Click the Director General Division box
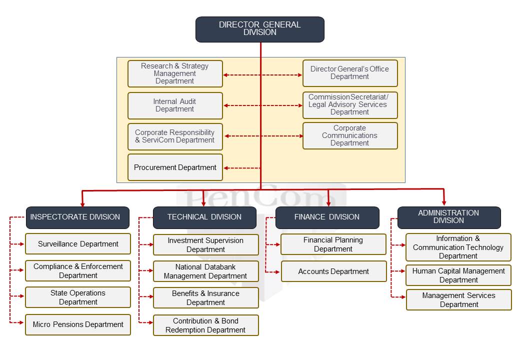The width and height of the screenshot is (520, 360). tap(259, 29)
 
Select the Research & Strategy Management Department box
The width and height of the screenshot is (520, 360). tap(175, 73)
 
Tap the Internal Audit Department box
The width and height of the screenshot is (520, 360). tap(175, 105)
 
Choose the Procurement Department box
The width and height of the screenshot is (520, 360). tap(175, 167)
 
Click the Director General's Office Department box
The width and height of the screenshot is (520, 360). tap(350, 73)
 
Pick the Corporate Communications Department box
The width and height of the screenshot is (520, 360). tap(350, 135)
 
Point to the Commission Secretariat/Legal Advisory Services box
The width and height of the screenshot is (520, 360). tap(350, 105)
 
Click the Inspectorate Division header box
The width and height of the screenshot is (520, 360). tap(77, 217)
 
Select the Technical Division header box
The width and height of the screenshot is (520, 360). tap(204, 217)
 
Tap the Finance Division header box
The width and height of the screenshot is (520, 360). tap(327, 217)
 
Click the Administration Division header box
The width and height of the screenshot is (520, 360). tap(449, 217)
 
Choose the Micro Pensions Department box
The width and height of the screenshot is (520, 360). tap(78, 324)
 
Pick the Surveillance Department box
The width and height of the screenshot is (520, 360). tap(78, 244)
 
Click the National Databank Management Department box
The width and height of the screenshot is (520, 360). tap(205, 271)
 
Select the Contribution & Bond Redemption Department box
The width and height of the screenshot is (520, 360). tap(205, 325)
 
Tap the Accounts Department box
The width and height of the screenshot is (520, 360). tap(333, 271)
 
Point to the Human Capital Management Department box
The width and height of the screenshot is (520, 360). tap(458, 275)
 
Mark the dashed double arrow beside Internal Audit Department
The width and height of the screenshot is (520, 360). tap(263, 105)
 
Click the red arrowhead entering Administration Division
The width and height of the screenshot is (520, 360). tap(443, 202)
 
